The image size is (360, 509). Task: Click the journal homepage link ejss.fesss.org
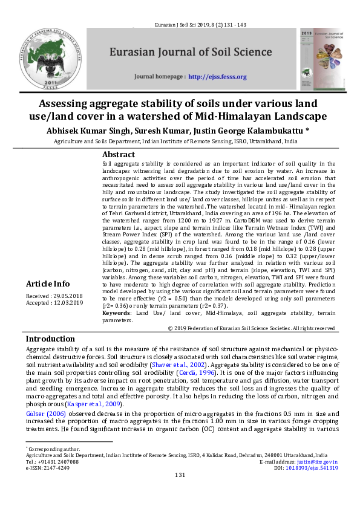[217, 77]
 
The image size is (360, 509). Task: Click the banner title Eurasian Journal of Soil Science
[190, 52]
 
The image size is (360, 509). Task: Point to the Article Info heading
[48, 284]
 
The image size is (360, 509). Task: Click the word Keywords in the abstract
[116, 313]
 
